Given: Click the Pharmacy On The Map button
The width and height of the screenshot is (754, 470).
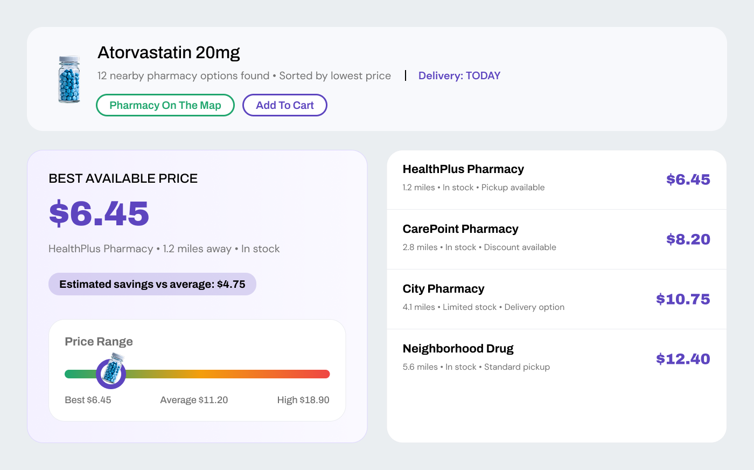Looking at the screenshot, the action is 165,105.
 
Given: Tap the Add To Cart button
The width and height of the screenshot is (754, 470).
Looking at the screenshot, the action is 285,105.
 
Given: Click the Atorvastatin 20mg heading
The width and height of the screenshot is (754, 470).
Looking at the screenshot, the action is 169,53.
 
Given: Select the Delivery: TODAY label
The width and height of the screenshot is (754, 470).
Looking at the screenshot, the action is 459,75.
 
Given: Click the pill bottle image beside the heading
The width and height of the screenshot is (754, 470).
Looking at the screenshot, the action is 69,79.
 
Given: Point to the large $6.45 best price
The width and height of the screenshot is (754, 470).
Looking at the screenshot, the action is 99,213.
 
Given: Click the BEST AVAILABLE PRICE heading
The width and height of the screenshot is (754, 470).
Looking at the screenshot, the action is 123,178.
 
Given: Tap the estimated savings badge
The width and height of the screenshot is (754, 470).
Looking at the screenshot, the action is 152,284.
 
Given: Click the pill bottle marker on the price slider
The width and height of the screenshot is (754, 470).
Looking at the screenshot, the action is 111,371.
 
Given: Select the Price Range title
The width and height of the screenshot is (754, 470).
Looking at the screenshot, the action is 99,341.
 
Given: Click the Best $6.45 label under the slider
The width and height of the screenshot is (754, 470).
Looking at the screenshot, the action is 88,400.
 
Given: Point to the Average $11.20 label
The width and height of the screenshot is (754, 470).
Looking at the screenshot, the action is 194,400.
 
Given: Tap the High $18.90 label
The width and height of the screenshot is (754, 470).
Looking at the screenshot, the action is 303,400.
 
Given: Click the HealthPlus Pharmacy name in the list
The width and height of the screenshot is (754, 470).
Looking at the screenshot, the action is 463,169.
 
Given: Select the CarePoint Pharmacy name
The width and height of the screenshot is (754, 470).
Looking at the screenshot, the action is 460,229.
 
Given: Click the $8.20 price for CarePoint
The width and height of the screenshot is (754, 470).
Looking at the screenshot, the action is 688,239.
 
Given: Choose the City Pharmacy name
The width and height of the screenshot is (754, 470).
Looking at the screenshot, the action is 443,289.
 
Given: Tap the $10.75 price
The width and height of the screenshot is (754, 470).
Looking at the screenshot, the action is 683,299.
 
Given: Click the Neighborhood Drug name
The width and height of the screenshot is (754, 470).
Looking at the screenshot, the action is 458,348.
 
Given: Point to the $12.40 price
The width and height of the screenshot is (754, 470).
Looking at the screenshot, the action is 683,359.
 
